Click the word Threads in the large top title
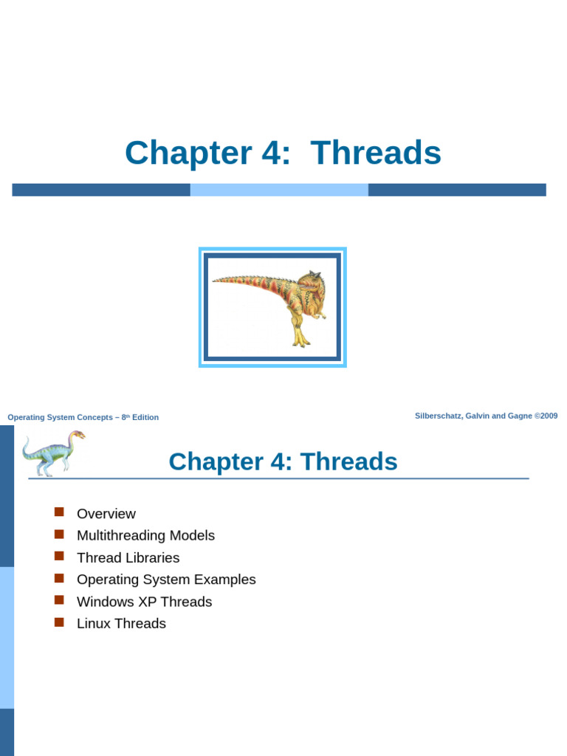click(x=376, y=154)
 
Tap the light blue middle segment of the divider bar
click(x=279, y=190)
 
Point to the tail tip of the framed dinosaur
click(x=216, y=280)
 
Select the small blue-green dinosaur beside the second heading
click(x=52, y=452)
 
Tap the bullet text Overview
click(x=106, y=514)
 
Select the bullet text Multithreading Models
click(x=145, y=535)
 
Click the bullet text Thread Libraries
click(x=128, y=557)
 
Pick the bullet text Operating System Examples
click(x=166, y=580)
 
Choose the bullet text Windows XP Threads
click(x=144, y=602)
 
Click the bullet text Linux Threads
click(x=121, y=624)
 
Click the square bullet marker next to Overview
click(x=60, y=512)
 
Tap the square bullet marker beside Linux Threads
click(x=60, y=622)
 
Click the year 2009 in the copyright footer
click(x=549, y=416)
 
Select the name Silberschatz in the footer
click(x=439, y=416)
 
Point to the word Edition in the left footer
click(x=145, y=418)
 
